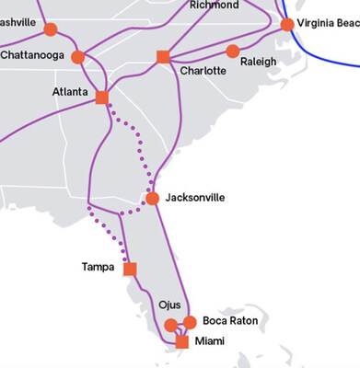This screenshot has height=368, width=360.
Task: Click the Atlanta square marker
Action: (102, 98)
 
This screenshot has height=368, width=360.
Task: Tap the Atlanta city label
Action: (69, 92)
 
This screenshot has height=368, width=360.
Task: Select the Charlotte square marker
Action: (163, 57)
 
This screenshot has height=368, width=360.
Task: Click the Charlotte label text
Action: (203, 71)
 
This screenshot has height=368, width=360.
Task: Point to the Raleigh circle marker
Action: (232, 51)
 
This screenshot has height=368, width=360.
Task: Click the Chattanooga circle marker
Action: (78, 57)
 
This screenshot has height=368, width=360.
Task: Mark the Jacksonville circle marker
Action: (153, 199)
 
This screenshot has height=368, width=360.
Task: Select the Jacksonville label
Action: (195, 198)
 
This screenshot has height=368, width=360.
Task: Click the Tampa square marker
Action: (130, 269)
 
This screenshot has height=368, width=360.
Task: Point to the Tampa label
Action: (99, 268)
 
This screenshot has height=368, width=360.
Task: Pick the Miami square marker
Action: (182, 342)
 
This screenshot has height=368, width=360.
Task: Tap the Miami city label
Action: (209, 341)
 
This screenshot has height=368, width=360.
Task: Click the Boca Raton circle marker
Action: (190, 322)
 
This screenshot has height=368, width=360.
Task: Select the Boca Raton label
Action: (230, 321)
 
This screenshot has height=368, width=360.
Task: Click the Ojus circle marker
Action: (170, 325)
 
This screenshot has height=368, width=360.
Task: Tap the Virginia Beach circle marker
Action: (287, 24)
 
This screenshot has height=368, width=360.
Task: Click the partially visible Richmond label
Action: (213, 5)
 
